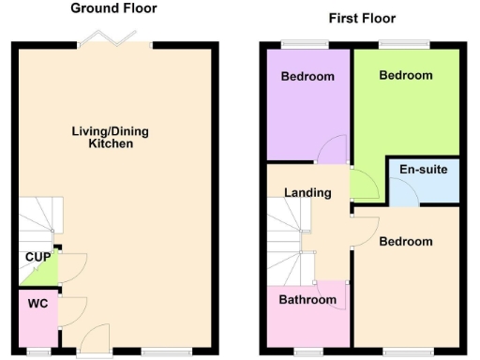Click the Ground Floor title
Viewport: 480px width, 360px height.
(x=113, y=8)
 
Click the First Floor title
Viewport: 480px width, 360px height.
(x=362, y=19)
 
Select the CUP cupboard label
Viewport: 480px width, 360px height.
(x=37, y=257)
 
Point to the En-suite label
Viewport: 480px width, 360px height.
(x=423, y=170)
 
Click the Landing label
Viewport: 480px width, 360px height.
(x=308, y=193)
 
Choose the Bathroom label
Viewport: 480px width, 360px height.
(x=307, y=300)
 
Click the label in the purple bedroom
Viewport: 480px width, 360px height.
(x=308, y=77)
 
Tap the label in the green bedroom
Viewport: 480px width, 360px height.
(x=406, y=75)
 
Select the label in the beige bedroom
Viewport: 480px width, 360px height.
(x=406, y=242)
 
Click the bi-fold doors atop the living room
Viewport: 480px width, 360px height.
(x=116, y=39)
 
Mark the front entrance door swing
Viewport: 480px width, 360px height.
(x=94, y=339)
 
